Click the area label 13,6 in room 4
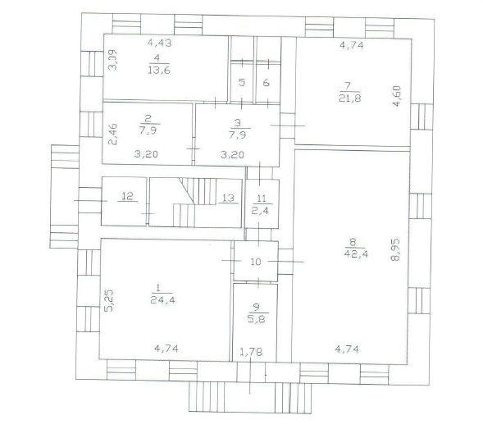click(159, 71)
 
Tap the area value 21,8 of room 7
click(350, 98)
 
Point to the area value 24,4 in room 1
click(163, 299)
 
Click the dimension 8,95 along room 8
click(395, 249)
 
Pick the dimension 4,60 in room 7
click(397, 96)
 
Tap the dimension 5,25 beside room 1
click(110, 300)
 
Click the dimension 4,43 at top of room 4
click(159, 42)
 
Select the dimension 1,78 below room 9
click(251, 352)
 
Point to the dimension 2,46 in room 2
click(112, 134)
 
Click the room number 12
click(128, 196)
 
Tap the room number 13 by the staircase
click(228, 198)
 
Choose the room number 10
click(256, 262)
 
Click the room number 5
click(242, 82)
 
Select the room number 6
click(267, 82)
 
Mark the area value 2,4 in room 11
click(260, 211)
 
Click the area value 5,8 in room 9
click(256, 318)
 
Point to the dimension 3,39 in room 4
click(113, 60)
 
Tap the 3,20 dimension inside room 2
click(146, 153)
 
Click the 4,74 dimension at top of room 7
click(352, 45)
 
